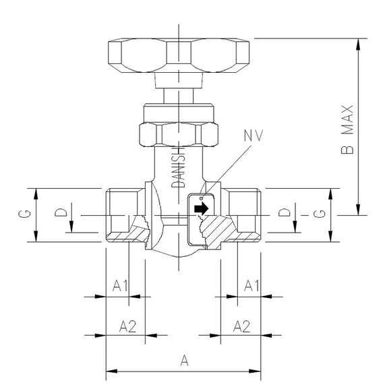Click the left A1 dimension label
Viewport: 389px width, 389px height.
pyautogui.click(x=121, y=286)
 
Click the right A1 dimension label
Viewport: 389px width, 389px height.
pyautogui.click(x=251, y=286)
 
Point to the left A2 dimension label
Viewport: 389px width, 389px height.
pyautogui.click(x=127, y=326)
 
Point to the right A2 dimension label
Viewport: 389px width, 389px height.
pyautogui.click(x=241, y=326)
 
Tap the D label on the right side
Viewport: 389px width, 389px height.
pyautogui.click(x=285, y=213)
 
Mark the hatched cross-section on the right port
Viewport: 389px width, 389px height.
pyautogui.click(x=225, y=230)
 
